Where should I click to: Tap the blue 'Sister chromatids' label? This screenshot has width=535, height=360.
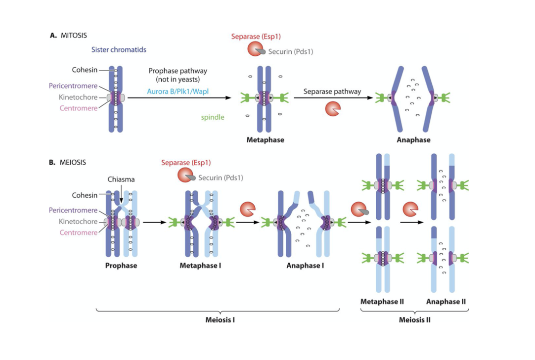pyautogui.click(x=119, y=49)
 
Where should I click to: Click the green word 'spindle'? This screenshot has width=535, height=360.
pyautogui.click(x=212, y=117)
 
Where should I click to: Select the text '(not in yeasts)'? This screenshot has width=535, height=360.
pyautogui.click(x=178, y=80)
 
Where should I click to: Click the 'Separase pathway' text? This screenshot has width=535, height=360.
pyautogui.click(x=332, y=91)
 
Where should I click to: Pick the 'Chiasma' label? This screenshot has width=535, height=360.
pyautogui.click(x=121, y=180)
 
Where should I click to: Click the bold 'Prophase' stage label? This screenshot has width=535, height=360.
pyautogui.click(x=121, y=266)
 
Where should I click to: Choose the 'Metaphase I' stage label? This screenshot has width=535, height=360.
pyautogui.click(x=200, y=266)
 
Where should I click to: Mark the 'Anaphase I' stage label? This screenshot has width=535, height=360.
pyautogui.click(x=305, y=266)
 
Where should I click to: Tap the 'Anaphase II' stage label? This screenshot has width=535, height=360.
pyautogui.click(x=446, y=301)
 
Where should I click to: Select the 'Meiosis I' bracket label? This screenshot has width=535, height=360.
pyautogui.click(x=220, y=319)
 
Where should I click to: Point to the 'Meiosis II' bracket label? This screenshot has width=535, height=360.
pyautogui.click(x=414, y=319)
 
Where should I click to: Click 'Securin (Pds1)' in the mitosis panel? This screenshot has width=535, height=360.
pyautogui.click(x=291, y=51)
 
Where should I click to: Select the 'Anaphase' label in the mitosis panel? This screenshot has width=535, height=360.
pyautogui.click(x=413, y=140)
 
